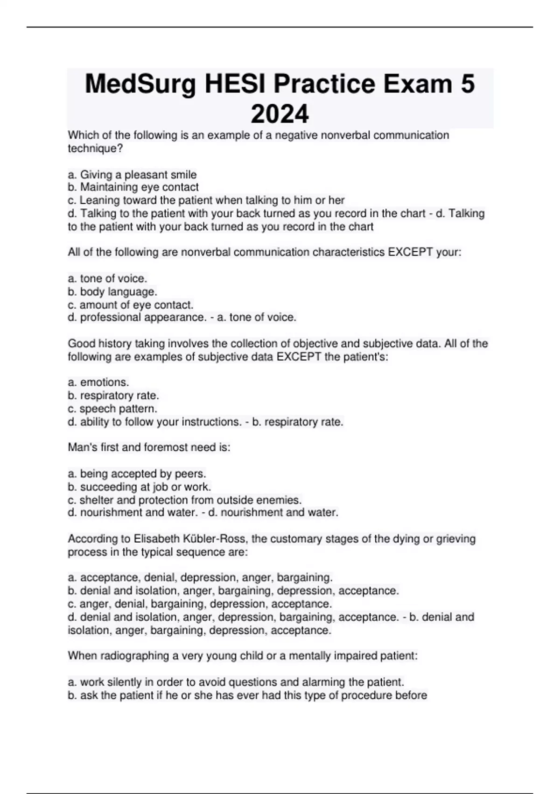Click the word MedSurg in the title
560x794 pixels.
[x=140, y=85]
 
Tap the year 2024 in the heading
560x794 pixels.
[x=280, y=114]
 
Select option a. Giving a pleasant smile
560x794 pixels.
[x=132, y=175]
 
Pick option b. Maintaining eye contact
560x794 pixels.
[x=133, y=187]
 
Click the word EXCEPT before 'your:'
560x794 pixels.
[x=411, y=252]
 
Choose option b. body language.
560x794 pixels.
[x=112, y=292]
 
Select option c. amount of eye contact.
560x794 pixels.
[x=130, y=305]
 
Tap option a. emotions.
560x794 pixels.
[x=98, y=382]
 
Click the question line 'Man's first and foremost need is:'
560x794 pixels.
[x=149, y=447]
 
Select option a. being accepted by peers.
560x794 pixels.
[x=137, y=474]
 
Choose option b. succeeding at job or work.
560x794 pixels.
[x=139, y=487]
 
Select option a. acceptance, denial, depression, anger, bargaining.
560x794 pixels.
[x=200, y=577]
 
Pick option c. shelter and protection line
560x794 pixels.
[x=184, y=500]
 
